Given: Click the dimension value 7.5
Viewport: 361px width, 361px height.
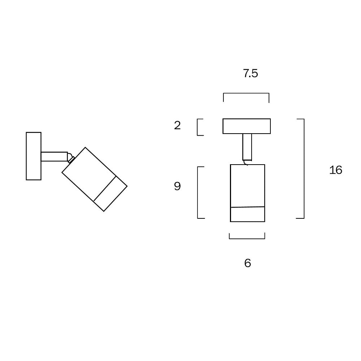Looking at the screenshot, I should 251,73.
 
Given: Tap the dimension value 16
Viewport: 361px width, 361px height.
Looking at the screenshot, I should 335,170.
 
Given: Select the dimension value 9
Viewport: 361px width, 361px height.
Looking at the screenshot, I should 177,186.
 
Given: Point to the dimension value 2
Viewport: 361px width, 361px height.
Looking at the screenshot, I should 177,126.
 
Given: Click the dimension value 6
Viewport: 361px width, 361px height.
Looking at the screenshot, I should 247,263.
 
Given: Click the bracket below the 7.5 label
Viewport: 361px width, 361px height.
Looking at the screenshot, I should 246,94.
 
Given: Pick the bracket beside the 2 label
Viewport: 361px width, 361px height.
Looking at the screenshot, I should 198,127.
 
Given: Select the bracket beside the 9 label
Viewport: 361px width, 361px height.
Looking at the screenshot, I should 198,192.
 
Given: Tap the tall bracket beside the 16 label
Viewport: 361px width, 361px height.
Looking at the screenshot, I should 303,169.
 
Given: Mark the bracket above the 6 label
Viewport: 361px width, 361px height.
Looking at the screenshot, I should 247,238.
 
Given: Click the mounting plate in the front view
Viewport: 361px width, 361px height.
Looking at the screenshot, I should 247,126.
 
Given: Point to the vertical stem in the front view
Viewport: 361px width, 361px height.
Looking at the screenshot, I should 247,147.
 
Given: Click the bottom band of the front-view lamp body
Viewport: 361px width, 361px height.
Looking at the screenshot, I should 248,214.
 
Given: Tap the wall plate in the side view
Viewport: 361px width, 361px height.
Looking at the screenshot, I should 34,156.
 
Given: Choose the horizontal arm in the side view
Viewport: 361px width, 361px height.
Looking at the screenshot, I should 54,156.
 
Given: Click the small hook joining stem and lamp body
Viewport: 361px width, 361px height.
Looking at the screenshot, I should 245,163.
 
